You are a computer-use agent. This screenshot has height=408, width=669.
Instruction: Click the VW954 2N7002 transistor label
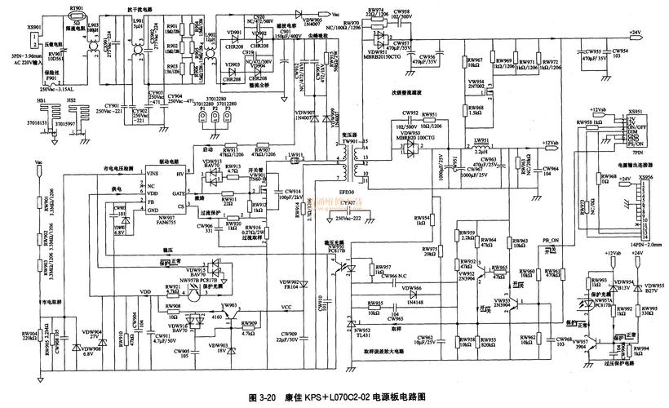[476, 84]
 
